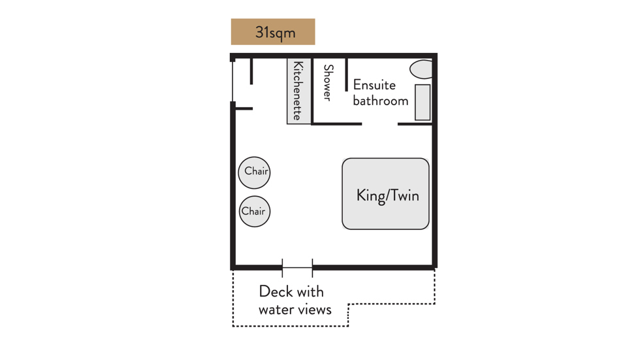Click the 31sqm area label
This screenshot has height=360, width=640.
273,32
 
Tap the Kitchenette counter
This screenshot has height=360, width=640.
299,91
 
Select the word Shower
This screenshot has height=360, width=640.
328,83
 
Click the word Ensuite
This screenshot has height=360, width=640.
374,85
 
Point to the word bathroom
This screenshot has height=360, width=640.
380,101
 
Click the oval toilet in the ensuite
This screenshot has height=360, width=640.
421,69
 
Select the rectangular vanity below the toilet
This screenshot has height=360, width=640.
423,103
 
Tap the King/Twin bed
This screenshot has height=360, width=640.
385,194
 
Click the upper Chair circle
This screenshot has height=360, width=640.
254,172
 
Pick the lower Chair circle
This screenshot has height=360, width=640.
255,212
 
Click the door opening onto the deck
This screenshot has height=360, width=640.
297,268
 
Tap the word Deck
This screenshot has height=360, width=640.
276,291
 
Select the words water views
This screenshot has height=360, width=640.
295,310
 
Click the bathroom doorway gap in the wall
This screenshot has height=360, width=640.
379,124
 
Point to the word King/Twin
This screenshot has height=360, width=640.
388,195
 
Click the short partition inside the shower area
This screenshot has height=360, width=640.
347,74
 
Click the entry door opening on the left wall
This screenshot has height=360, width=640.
232,82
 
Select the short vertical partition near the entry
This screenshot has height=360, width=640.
251,71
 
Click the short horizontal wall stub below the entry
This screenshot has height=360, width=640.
244,108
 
